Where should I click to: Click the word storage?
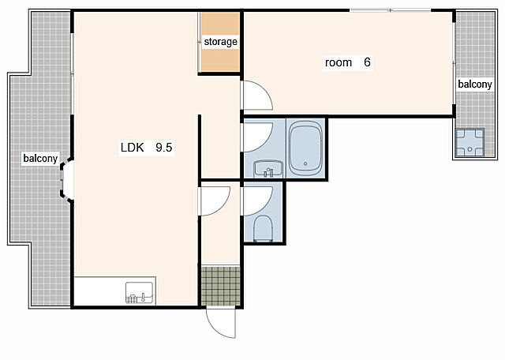(x=221, y=42)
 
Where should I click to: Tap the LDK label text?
(x=132, y=148)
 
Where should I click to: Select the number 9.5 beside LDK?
(x=164, y=148)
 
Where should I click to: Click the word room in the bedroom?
(x=339, y=62)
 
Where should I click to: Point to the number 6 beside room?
(x=367, y=62)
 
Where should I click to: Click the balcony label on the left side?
(x=40, y=159)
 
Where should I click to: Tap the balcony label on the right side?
(x=475, y=84)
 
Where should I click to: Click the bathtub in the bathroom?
(x=305, y=148)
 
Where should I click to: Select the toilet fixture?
(x=263, y=228)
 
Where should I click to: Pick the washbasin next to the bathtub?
(x=268, y=169)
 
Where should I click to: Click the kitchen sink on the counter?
(x=139, y=293)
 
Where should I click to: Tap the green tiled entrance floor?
(x=221, y=286)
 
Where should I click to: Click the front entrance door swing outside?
(x=221, y=323)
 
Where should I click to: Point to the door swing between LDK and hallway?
(x=215, y=201)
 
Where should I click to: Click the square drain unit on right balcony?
(x=470, y=142)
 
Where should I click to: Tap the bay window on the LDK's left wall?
(x=66, y=178)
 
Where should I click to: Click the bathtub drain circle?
(x=305, y=163)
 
